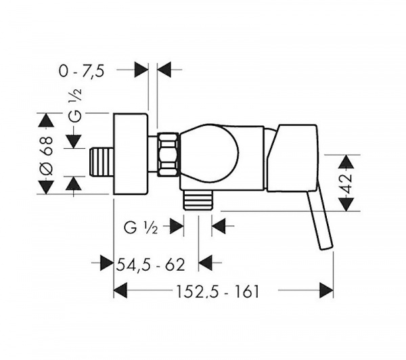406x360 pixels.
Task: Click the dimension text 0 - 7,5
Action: click(82, 70)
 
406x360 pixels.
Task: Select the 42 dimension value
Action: click(347, 183)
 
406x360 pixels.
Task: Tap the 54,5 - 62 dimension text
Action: click(151, 265)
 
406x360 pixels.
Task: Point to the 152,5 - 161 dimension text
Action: click(217, 292)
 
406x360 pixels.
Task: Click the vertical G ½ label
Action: click(75, 105)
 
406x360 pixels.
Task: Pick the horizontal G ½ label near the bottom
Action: click(141, 228)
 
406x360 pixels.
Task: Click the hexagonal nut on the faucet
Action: click(168, 155)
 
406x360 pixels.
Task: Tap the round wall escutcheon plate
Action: click(131, 154)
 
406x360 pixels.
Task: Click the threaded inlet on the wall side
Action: click(101, 162)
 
